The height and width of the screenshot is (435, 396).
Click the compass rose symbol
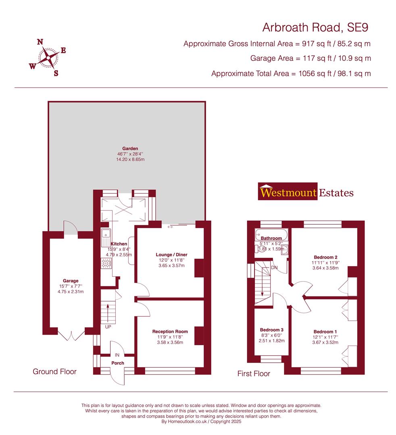48,58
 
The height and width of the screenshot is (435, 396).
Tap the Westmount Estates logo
306,193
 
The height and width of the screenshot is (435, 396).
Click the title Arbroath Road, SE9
315,27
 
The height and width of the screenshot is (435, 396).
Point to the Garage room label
70,281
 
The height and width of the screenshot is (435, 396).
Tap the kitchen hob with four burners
106,263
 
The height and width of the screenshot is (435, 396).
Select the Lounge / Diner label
172,255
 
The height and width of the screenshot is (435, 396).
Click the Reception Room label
170,331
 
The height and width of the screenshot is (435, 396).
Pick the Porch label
118,363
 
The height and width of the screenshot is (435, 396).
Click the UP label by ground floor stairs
108,327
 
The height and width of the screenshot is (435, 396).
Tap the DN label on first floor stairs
274,267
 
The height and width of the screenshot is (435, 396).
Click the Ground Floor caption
54,371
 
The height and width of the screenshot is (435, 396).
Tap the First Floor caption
254,374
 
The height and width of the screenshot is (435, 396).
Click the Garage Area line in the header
311,58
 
